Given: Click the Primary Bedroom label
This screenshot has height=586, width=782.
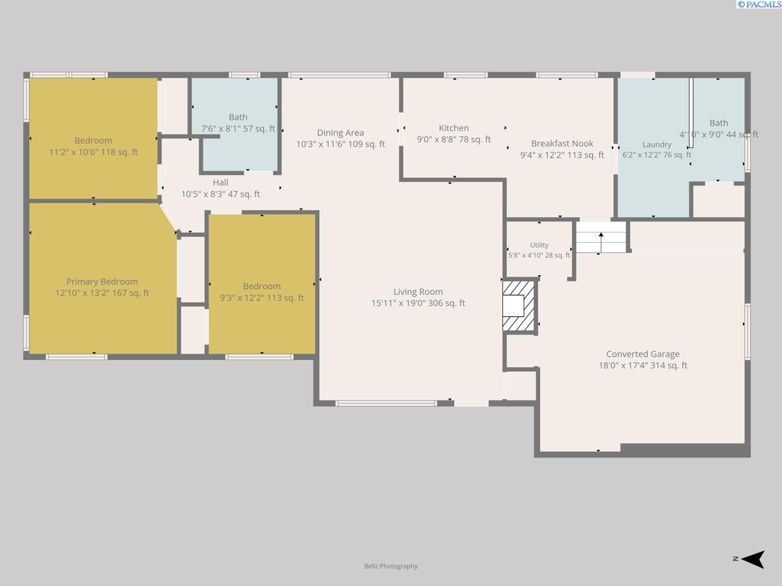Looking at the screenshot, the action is [102, 281].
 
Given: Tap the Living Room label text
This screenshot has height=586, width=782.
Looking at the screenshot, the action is [418, 292].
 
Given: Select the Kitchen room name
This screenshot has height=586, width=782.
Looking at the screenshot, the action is [454, 128].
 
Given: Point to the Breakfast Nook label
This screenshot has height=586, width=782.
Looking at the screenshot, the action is [562, 143].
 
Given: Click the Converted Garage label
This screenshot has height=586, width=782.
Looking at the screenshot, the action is [643, 354].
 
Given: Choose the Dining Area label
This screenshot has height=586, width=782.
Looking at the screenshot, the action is [341, 133].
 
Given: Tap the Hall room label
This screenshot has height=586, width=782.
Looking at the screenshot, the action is [220, 182].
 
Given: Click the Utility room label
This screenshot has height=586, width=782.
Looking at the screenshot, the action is [539, 245].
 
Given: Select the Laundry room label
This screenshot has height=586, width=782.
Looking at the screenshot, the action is [657, 145].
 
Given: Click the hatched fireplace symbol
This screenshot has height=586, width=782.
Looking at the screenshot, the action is [519, 306].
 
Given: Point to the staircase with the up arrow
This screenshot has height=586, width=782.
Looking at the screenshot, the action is [601, 237].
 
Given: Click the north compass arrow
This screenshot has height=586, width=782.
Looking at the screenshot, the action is [753, 559].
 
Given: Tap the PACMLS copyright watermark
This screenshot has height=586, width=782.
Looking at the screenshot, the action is [759, 5].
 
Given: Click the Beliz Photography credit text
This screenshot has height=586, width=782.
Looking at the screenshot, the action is [391, 566].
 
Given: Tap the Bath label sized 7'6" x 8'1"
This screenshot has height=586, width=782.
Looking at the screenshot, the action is [238, 117].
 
